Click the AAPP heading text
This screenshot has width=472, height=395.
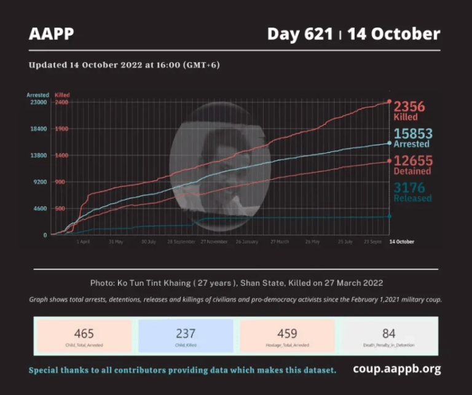[51, 34]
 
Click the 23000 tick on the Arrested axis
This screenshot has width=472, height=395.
[38, 103]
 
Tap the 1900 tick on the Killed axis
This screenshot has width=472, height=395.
[61, 129]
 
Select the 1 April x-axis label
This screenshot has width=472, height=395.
[83, 242]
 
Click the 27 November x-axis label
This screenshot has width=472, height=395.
[214, 242]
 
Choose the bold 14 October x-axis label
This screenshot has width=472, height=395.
[402, 242]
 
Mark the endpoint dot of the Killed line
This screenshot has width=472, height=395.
[389, 102]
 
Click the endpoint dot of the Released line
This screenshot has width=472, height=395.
[389, 216]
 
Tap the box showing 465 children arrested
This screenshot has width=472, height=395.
[84, 336]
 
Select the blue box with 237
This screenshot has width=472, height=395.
[186, 336]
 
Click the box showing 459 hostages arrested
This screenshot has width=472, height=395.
[287, 336]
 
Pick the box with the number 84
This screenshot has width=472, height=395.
[388, 336]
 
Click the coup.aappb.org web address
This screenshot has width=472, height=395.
[396, 369]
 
